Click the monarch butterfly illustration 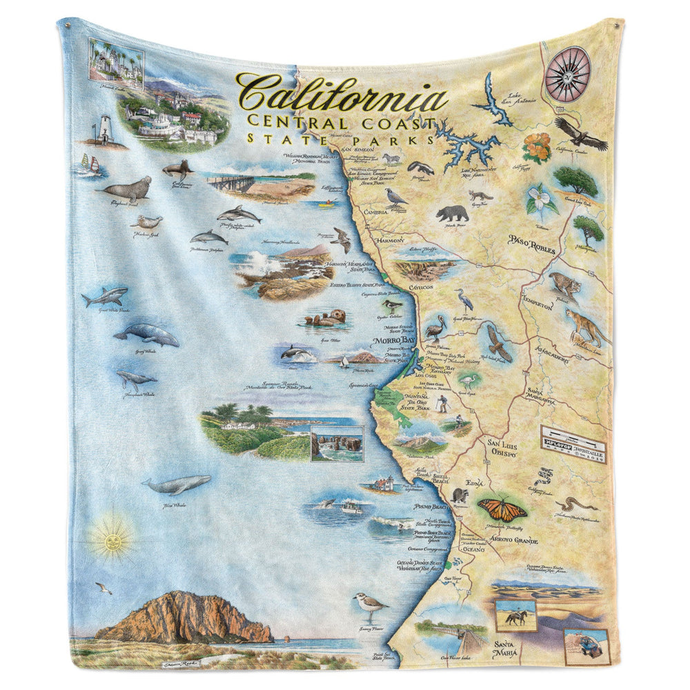pyautogui.click(x=502, y=509)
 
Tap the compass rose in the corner pyautogui.click(x=568, y=73)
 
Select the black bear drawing pyautogui.click(x=452, y=213)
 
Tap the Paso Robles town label pyautogui.click(x=531, y=244)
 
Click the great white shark pyautogui.click(x=105, y=297)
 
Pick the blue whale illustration pyautogui.click(x=176, y=485)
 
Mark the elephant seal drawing pyautogui.click(x=128, y=188)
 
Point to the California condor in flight pyautogui.click(x=581, y=132)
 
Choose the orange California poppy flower pyautogui.click(x=536, y=146)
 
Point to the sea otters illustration pyautogui.click(x=325, y=319)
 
